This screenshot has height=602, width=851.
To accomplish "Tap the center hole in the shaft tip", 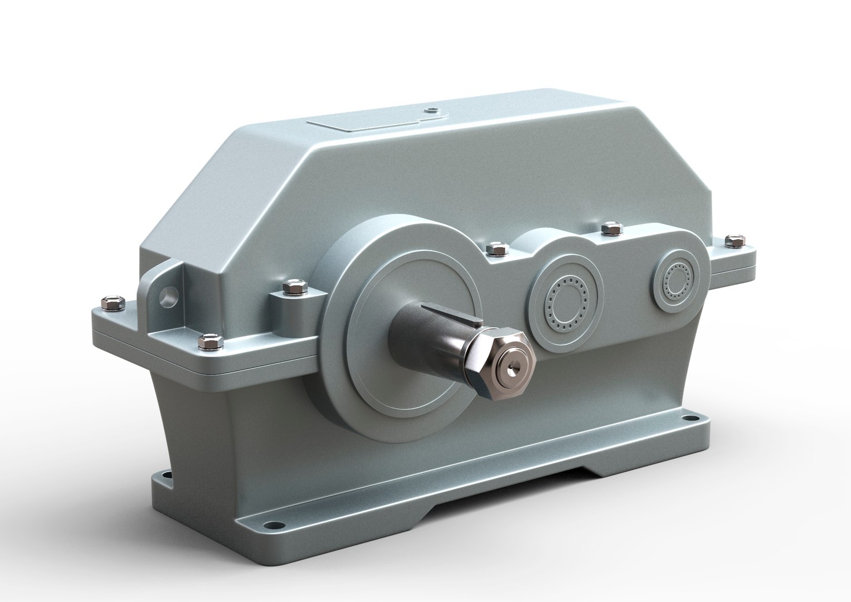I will coord(511,367).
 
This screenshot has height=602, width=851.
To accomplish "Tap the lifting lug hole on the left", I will coord(167,293).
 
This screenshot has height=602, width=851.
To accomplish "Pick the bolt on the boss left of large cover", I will coord(291,288).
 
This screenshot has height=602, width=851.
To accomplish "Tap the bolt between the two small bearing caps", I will coord(609,228).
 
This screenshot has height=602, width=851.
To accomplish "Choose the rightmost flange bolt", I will coord(733,241).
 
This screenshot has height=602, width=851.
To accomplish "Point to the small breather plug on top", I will coord(430,110).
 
